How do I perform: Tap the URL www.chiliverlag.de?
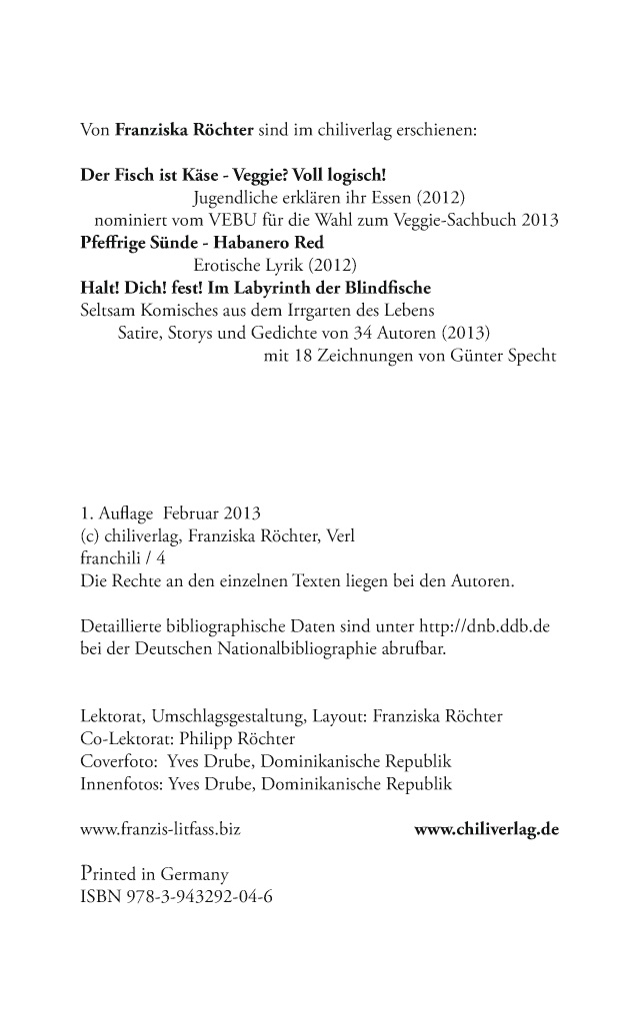point(486,829)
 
